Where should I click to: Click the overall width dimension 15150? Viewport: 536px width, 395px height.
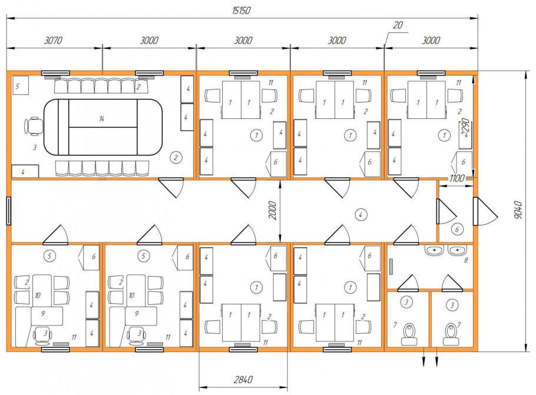[241, 11]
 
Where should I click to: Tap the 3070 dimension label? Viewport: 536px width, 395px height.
[54, 40]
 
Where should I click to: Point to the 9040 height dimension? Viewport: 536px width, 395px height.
[518, 210]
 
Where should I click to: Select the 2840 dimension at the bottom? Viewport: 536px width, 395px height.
[243, 380]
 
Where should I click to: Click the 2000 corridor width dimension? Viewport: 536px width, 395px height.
[272, 211]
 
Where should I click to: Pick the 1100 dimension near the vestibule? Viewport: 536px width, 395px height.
[456, 178]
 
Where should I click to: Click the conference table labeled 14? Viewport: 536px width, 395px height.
[103, 127]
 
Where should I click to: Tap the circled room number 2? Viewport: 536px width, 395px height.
[176, 158]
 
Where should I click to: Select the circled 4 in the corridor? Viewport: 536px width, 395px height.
[360, 215]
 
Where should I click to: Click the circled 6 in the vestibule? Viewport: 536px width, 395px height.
[458, 229]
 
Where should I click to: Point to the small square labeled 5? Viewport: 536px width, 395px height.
[20, 86]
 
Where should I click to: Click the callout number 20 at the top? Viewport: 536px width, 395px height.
[398, 25]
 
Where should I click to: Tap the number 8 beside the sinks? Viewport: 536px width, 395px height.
[465, 260]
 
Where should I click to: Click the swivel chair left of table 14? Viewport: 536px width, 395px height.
[33, 126]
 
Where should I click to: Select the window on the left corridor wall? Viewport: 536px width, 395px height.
[9, 211]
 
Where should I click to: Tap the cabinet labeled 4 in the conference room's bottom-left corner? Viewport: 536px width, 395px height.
[25, 171]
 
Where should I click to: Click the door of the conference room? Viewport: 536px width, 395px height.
[172, 188]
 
